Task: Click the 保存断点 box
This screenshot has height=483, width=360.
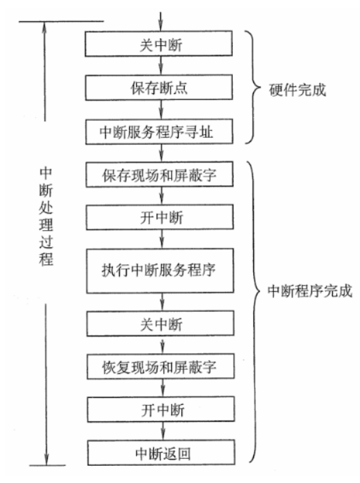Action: tap(160, 88)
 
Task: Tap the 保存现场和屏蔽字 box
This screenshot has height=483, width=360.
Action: tap(160, 175)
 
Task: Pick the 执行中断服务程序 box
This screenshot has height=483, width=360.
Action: tap(160, 269)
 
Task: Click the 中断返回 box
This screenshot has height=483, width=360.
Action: tap(160, 453)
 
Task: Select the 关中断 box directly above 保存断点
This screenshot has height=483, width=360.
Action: tap(160, 45)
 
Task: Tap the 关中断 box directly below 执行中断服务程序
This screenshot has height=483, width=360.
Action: tap(160, 321)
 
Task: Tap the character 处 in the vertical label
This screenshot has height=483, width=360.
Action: tap(46, 206)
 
